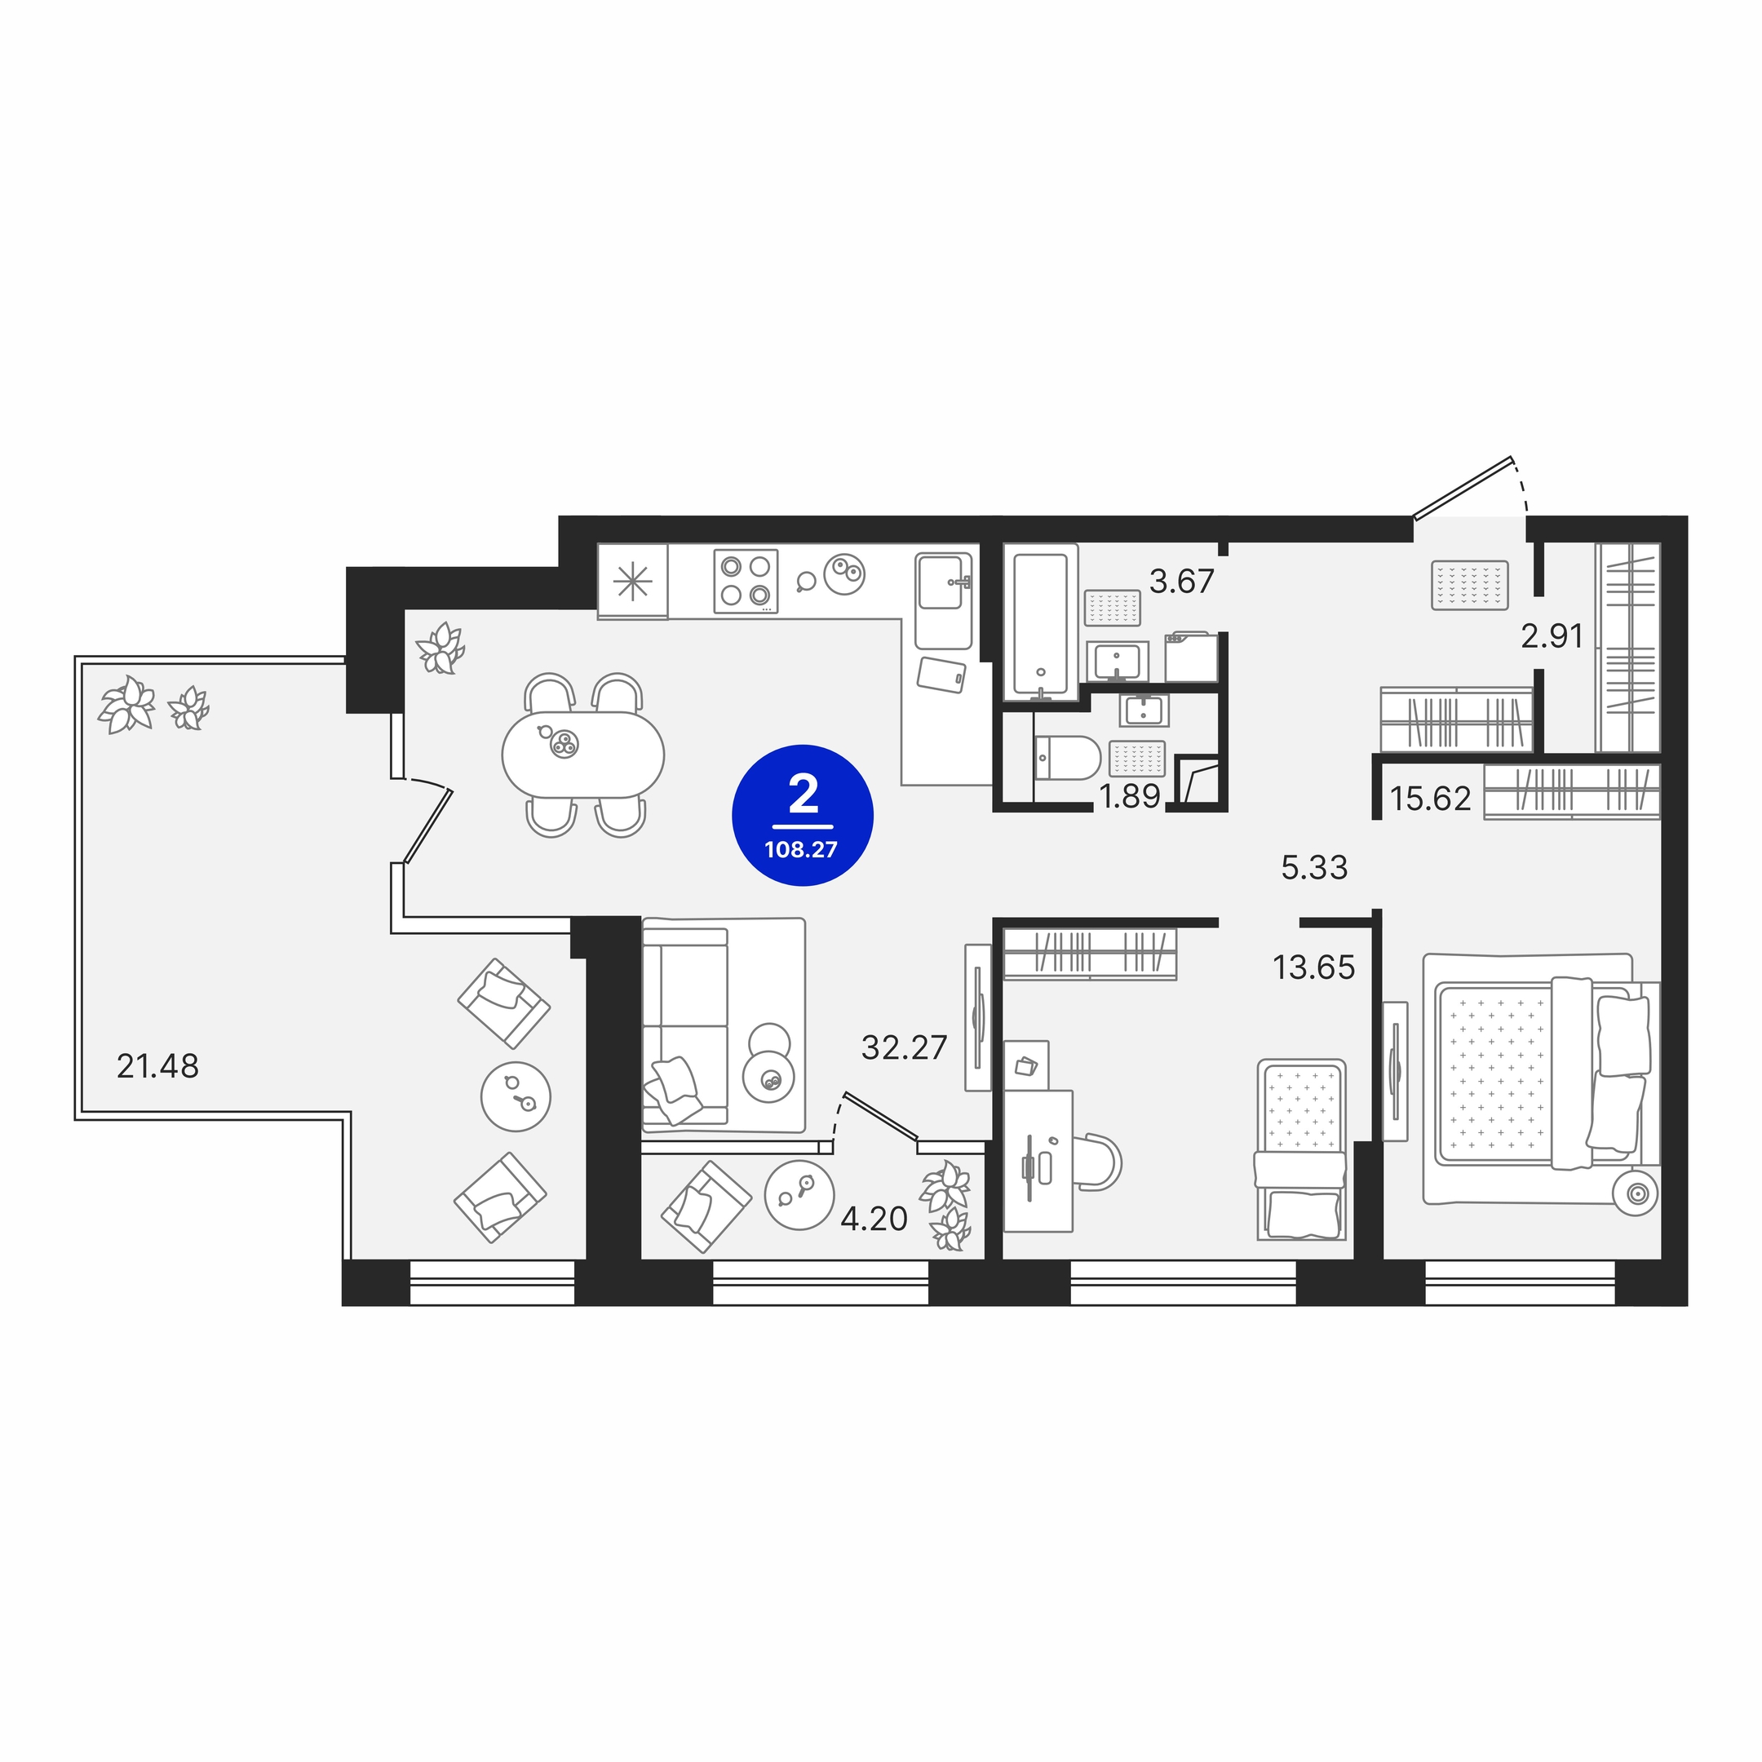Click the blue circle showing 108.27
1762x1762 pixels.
tap(803, 816)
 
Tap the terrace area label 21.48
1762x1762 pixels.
tap(157, 1065)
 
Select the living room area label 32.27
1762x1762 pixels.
tap(904, 1048)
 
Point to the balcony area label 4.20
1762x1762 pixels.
tap(874, 1219)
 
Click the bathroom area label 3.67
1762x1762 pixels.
tap(1182, 581)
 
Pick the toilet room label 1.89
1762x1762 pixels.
tap(1130, 797)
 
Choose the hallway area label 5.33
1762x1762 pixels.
tap(1314, 867)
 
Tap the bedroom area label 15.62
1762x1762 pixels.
tap(1430, 799)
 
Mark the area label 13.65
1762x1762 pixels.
tap(1313, 967)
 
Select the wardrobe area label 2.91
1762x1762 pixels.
tap(1552, 635)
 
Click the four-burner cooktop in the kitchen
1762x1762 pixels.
tap(746, 581)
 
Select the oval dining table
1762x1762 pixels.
tap(584, 755)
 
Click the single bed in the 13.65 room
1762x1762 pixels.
tap(1301, 1149)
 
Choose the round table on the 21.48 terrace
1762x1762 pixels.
tap(516, 1096)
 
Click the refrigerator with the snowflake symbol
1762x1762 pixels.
tap(633, 581)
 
